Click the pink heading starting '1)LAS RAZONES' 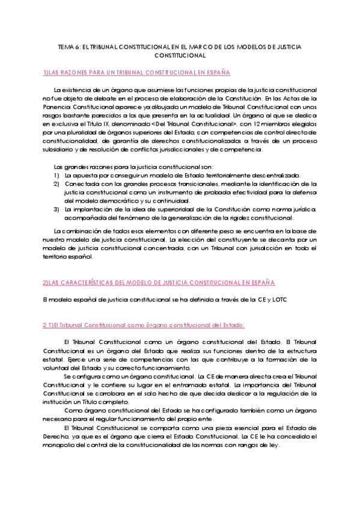click(x=136, y=72)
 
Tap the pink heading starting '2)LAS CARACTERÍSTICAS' click(x=159, y=283)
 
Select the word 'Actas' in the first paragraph click(x=293, y=97)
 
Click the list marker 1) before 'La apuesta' click(x=56, y=175)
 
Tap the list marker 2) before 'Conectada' click(x=56, y=183)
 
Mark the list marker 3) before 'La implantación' click(x=56, y=209)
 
